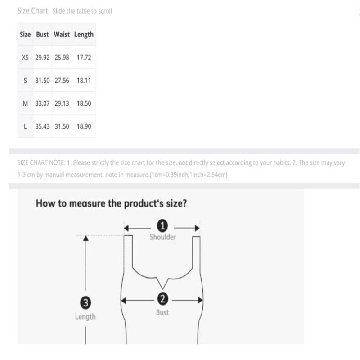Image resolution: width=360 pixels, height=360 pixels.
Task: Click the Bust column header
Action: [x=42, y=35]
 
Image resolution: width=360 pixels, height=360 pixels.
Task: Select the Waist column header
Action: [x=62, y=35]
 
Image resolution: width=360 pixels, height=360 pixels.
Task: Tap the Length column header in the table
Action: [x=84, y=35]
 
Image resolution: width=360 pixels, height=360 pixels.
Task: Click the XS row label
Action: [x=25, y=58]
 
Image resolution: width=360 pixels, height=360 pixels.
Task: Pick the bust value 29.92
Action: [x=42, y=58]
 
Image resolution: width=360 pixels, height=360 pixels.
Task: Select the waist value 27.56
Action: [x=62, y=81]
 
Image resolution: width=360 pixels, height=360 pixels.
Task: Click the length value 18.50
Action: [x=84, y=103]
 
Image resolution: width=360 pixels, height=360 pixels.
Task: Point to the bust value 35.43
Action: [x=42, y=126]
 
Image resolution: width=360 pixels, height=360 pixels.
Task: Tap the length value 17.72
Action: [x=84, y=58]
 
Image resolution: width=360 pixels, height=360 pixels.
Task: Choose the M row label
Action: [x=25, y=103]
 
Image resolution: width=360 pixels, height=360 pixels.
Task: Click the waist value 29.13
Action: [x=62, y=103]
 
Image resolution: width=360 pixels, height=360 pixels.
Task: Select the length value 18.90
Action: [x=84, y=126]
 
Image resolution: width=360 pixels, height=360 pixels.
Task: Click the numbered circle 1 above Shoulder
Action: [x=162, y=226]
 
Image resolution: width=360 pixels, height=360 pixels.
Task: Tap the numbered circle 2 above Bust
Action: [x=162, y=299]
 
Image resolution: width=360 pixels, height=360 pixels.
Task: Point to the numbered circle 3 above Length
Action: [x=85, y=302]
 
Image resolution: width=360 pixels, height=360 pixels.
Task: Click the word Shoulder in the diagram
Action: [x=163, y=237]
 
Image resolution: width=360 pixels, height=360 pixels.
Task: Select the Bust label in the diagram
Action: [x=162, y=312]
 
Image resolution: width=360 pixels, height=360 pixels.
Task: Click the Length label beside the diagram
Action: [x=85, y=317]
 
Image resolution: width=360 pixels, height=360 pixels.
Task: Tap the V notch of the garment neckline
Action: [x=163, y=288]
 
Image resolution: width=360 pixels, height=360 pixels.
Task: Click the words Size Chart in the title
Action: [x=32, y=10]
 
